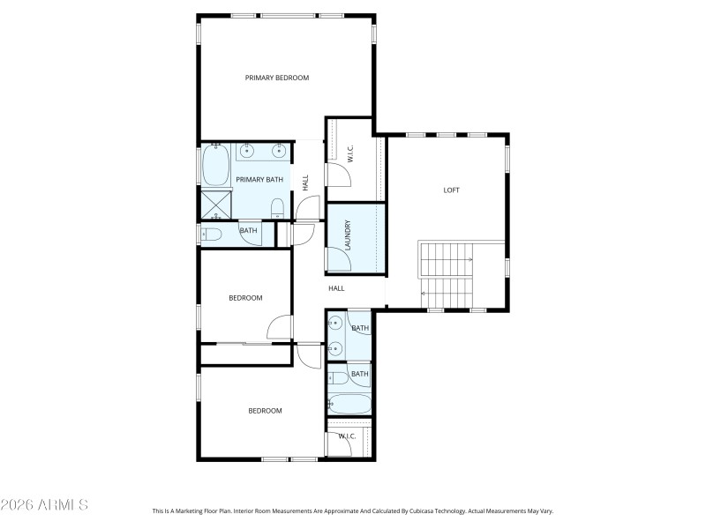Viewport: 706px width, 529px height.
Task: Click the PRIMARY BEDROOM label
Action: [277, 78]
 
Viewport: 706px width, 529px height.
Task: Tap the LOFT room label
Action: [451, 190]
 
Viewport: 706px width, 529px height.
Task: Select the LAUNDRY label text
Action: [348, 235]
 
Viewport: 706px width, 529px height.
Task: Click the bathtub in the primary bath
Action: [216, 165]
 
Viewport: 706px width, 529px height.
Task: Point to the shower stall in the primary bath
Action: [215, 204]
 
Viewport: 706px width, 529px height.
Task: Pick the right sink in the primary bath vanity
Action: [280, 151]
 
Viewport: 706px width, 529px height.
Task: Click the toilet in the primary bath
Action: [277, 209]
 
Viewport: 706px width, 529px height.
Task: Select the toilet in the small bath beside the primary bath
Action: [212, 235]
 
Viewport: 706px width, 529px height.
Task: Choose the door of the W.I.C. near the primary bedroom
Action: [339, 175]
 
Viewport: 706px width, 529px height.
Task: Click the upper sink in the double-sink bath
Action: [334, 324]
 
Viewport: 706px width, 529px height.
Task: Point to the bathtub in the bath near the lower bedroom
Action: [349, 405]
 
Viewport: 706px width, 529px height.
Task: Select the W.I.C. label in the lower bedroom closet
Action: [346, 436]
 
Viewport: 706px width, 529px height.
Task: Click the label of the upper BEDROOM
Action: [245, 298]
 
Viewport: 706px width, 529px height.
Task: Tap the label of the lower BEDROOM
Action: [264, 411]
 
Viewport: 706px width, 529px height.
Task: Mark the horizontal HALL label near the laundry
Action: [336, 288]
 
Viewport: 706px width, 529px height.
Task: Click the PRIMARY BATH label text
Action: [259, 180]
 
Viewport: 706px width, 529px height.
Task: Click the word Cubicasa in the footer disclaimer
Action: [424, 510]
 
